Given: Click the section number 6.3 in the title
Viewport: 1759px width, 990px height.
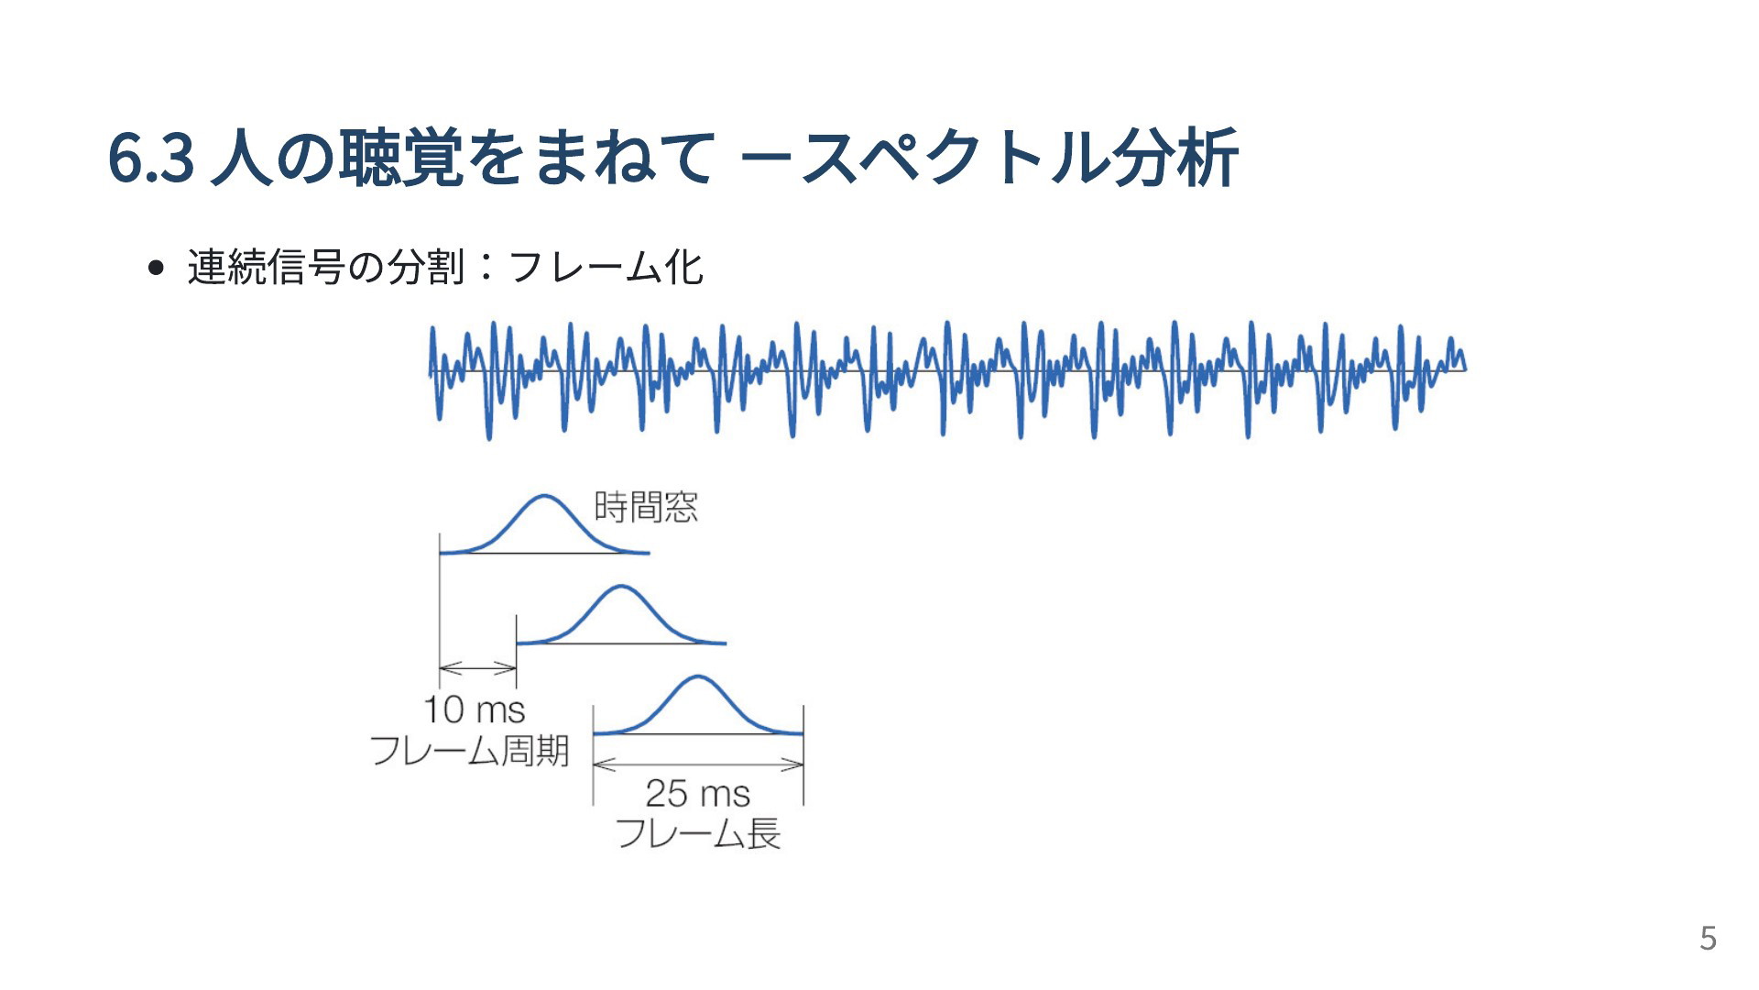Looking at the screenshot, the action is [x=151, y=159].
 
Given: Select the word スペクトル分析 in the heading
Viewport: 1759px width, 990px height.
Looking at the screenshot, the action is [x=1020, y=158].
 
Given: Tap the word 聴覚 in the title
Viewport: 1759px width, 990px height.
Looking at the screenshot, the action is [x=400, y=158].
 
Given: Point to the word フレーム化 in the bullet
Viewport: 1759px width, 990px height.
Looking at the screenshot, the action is [x=605, y=267].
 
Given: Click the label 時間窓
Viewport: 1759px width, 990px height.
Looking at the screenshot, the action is [x=646, y=507].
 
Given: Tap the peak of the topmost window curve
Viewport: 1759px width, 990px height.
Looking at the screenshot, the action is [x=544, y=496].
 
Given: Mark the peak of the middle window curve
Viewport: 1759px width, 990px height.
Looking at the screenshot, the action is [x=621, y=586].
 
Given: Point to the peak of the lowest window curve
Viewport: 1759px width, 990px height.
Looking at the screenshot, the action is [x=698, y=676].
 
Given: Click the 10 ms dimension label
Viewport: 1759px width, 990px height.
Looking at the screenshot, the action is [x=475, y=709].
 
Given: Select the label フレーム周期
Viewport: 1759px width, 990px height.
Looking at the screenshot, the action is [x=469, y=751].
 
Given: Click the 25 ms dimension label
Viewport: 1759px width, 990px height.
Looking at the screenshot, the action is [x=697, y=793].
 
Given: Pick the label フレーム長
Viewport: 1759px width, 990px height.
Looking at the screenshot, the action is [x=698, y=834].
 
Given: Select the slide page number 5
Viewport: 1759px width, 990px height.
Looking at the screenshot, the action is [x=1708, y=938].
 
